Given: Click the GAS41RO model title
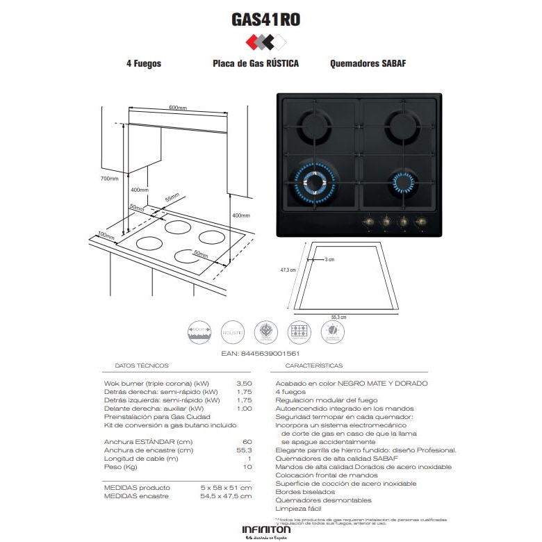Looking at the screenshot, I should pyautogui.click(x=265, y=19).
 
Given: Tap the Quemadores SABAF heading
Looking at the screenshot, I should pyautogui.click(x=368, y=63).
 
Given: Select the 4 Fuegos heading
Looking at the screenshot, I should pyautogui.click(x=144, y=63).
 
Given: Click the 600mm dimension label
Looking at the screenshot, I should pyautogui.click(x=178, y=108).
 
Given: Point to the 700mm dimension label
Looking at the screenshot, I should pyautogui.click(x=110, y=179).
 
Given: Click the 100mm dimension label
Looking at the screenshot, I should pyautogui.click(x=106, y=236).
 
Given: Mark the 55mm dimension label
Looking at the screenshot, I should pyautogui.click(x=172, y=198).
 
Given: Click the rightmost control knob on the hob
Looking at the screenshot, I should pyautogui.click(x=420, y=222).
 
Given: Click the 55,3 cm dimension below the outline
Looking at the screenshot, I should pyautogui.click(x=338, y=317).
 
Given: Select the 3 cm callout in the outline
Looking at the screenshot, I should pyautogui.click(x=329, y=259).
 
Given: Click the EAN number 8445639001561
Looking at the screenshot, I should pyautogui.click(x=270, y=354).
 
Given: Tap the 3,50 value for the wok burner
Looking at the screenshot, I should pyautogui.click(x=244, y=383).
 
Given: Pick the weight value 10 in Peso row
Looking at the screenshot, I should pyautogui.click(x=247, y=467).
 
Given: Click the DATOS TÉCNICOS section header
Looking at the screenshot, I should pyautogui.click(x=141, y=366).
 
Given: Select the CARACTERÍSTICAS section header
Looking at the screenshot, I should pyautogui.click(x=314, y=366).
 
